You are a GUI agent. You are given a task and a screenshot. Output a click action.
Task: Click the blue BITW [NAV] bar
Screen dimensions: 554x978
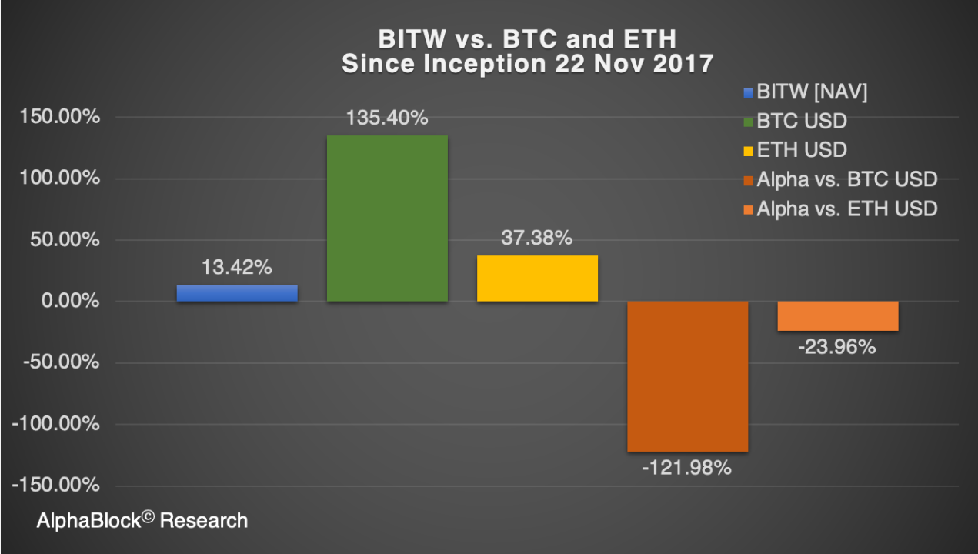[237, 293]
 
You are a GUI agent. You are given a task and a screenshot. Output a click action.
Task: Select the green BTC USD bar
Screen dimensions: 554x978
[387, 218]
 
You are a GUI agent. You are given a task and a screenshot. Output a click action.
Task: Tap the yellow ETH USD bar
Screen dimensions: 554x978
[537, 278]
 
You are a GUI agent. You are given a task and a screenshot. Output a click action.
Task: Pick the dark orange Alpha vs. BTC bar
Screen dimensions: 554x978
[687, 376]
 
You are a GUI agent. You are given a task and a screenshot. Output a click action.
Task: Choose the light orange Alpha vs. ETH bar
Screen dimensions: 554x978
[838, 316]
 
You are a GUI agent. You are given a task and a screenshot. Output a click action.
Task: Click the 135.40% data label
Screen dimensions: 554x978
[387, 118]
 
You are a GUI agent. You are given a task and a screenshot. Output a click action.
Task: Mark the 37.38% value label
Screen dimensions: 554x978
[537, 239]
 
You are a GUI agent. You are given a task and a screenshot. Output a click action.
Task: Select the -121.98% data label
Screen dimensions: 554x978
[688, 467]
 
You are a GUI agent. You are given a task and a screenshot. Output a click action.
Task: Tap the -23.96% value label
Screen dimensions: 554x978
[837, 347]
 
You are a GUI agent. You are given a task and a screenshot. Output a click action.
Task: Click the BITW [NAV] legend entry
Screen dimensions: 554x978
[808, 93]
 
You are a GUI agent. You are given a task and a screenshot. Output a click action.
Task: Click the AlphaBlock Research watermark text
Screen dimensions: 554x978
[142, 521]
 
